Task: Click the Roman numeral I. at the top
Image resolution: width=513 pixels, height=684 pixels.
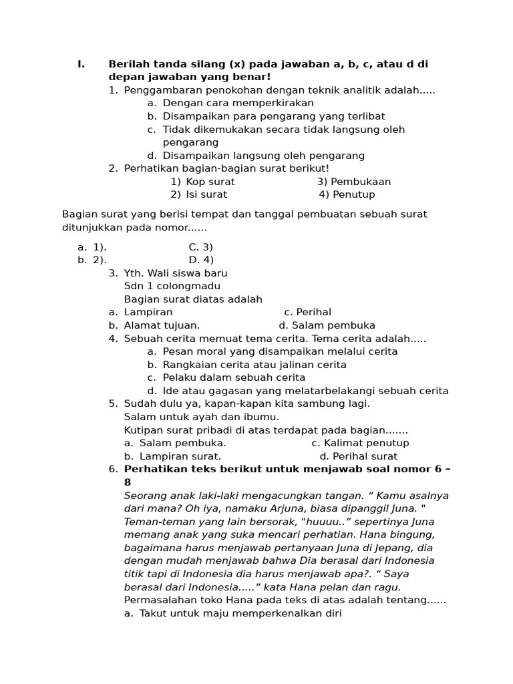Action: (x=81, y=64)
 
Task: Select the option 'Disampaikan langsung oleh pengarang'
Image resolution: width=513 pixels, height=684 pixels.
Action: (x=263, y=156)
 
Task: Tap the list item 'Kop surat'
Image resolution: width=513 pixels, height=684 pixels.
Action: (x=210, y=182)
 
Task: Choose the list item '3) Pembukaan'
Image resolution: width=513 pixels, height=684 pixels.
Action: (x=354, y=182)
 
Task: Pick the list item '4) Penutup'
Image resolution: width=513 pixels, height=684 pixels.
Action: (x=347, y=194)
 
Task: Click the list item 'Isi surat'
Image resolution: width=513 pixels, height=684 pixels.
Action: (x=206, y=194)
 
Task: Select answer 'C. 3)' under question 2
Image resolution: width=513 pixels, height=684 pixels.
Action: (x=200, y=247)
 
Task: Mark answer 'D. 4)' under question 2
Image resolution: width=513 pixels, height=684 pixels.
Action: (x=201, y=260)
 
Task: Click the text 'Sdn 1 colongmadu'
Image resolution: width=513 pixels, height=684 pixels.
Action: (x=172, y=286)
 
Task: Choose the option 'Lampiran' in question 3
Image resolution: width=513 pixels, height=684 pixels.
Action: (x=148, y=312)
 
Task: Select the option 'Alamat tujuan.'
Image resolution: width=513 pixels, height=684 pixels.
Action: (x=162, y=325)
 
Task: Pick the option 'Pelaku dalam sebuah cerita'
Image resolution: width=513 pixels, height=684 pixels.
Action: (x=234, y=377)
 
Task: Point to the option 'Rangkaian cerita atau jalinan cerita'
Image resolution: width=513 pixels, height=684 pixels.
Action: (x=254, y=365)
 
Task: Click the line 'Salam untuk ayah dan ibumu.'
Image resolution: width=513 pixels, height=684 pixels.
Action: (x=202, y=417)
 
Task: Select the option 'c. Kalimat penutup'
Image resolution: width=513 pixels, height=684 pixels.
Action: (x=360, y=443)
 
